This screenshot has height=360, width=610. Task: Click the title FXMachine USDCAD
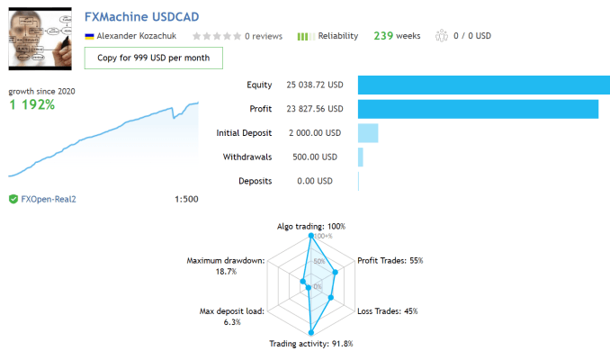pyautogui.click(x=141, y=17)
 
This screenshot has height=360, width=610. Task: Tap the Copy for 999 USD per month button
pyautogui.click(x=154, y=58)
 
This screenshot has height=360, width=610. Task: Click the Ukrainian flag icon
pyautogui.click(x=89, y=36)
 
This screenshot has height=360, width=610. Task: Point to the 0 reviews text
pyautogui.click(x=264, y=36)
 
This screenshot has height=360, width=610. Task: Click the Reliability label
pyautogui.click(x=337, y=36)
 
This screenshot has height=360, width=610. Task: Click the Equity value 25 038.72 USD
pyautogui.click(x=313, y=85)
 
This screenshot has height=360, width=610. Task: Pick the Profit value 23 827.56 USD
pyautogui.click(x=313, y=109)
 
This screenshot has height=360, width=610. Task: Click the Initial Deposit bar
pyautogui.click(x=368, y=133)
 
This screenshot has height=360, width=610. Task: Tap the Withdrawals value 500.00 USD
pyautogui.click(x=311, y=157)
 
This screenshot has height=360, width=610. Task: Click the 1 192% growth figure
pyautogui.click(x=32, y=104)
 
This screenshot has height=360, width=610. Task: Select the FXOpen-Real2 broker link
pyautogui.click(x=49, y=199)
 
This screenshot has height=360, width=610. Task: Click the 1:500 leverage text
pyautogui.click(x=186, y=199)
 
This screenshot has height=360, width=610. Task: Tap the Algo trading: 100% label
pyautogui.click(x=310, y=227)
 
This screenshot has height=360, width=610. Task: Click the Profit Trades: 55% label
pyautogui.click(x=390, y=260)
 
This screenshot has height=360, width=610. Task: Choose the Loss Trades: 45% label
pyautogui.click(x=388, y=311)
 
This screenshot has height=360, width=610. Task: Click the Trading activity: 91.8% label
pyautogui.click(x=311, y=344)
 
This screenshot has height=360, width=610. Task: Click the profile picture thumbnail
pyautogui.click(x=40, y=39)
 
